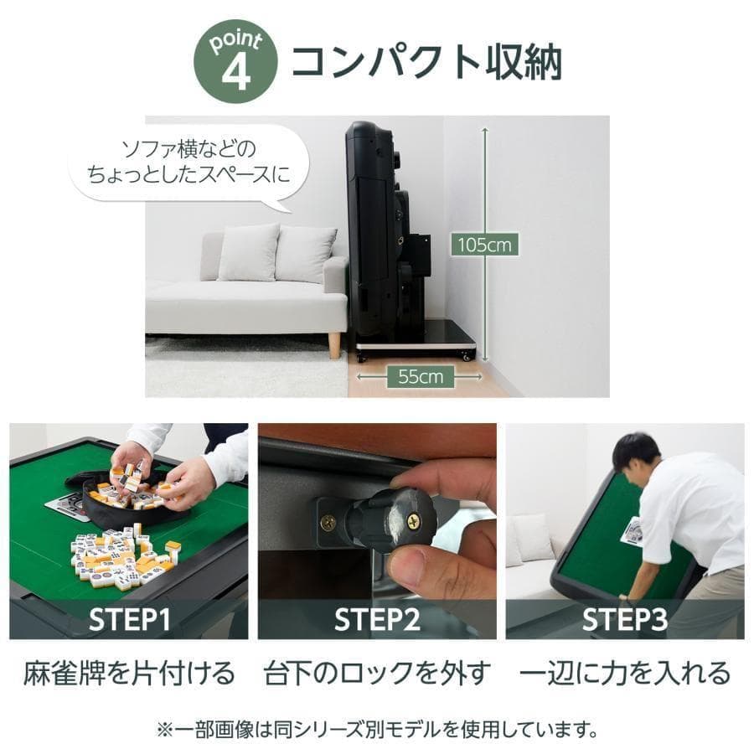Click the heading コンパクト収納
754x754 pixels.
[x=426, y=63]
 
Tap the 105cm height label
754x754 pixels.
[x=484, y=245]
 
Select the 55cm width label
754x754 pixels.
[x=420, y=377]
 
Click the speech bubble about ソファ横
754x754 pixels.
[x=188, y=163]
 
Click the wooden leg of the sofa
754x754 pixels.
[x=334, y=344]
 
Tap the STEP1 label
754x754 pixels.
[x=130, y=620]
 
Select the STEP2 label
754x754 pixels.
[x=377, y=620]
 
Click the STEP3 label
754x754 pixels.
[x=624, y=620]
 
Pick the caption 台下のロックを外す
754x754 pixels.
[x=377, y=672]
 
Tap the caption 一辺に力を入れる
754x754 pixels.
[x=625, y=672]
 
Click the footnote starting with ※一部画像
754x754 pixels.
[x=377, y=728]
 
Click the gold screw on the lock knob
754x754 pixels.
[x=413, y=520]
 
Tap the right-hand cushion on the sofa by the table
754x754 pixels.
[x=305, y=254]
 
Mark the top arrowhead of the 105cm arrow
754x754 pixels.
[x=484, y=127]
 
